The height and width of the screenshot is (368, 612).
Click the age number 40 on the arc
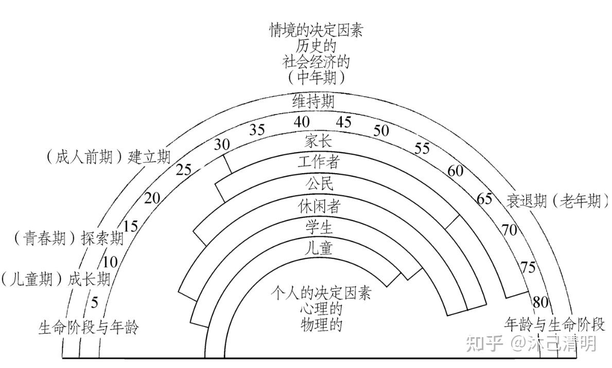302,122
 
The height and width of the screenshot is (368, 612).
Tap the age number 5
94,302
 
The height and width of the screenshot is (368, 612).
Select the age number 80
540,302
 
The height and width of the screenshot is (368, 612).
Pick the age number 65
484,199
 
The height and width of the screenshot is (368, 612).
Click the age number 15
131,226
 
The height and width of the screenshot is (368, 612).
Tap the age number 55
422,149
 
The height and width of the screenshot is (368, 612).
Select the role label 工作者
318,162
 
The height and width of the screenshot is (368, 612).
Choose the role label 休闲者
319,206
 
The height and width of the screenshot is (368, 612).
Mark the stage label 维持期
313,101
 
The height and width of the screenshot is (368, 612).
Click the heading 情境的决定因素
316,30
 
